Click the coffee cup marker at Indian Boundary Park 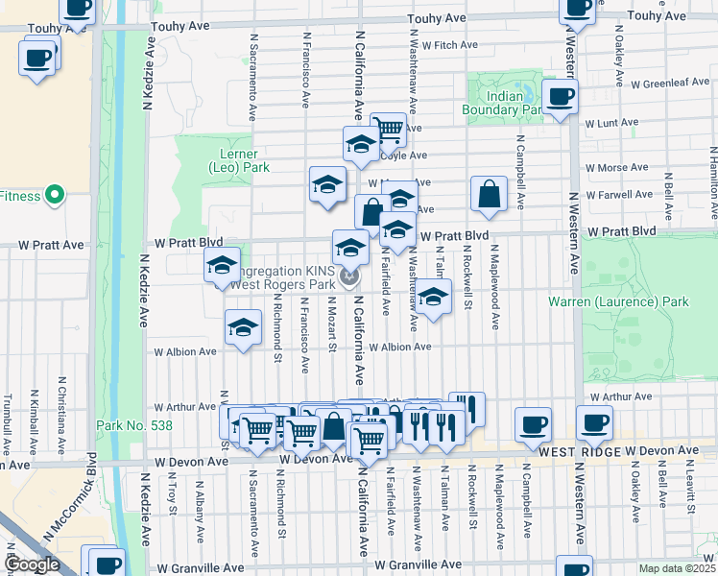[560, 96]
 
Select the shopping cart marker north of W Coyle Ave [388, 129]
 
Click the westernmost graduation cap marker [222, 265]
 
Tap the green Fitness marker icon [54, 196]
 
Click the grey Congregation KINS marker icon [350, 277]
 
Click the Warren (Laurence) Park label [618, 301]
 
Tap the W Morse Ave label [611, 167]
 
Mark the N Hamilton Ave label [712, 174]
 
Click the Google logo [32, 564]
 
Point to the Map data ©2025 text [678, 568]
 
